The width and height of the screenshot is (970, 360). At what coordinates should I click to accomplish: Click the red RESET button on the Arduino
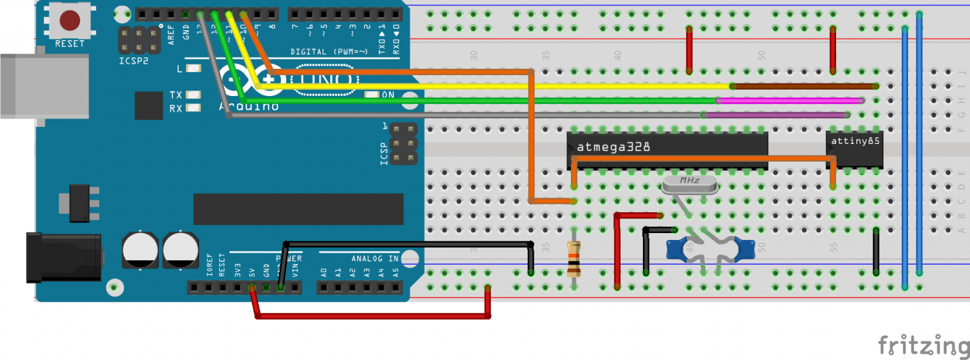pyautogui.click(x=69, y=21)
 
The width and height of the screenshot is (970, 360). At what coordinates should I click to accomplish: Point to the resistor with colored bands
pyautogui.click(x=573, y=259)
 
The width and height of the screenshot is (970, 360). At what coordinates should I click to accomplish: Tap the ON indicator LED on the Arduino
pyautogui.click(x=371, y=95)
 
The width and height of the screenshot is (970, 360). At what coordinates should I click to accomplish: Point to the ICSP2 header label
pyautogui.click(x=134, y=61)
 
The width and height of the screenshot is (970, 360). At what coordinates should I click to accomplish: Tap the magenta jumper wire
pyautogui.click(x=789, y=100)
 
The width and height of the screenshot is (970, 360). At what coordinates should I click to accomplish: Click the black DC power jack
pyautogui.click(x=63, y=258)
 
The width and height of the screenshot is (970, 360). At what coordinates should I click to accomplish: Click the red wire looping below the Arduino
pyautogui.click(x=373, y=316)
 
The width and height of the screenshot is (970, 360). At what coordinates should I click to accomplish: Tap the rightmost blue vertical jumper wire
pyautogui.click(x=919, y=145)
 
